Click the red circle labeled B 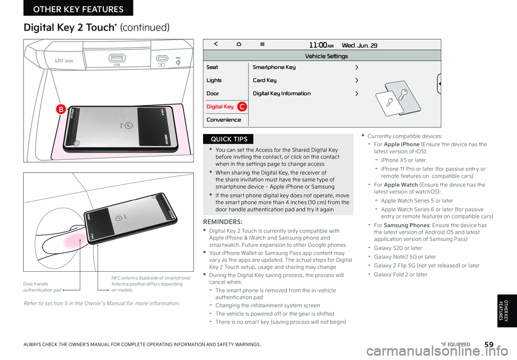[61, 110]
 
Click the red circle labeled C [243, 107]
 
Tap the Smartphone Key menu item [274, 67]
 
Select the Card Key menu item [264, 80]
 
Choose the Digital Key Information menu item [282, 94]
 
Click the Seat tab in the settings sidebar [212, 67]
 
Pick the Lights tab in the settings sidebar [214, 80]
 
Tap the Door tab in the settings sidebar [213, 94]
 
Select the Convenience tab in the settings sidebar [223, 119]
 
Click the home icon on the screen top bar [239, 45]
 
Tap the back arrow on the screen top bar [215, 45]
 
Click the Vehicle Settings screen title [326, 56]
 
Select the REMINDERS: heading [223, 221]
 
